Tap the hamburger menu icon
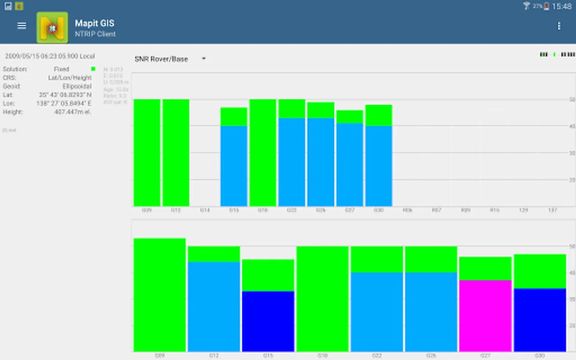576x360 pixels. [x=22, y=26]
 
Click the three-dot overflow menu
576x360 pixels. [x=559, y=26]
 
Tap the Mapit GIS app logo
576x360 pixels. [x=52, y=28]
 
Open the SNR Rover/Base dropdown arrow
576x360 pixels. [x=204, y=59]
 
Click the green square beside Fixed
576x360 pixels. [x=93, y=69]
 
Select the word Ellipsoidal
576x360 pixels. [x=77, y=86]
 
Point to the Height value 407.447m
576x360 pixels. [x=72, y=112]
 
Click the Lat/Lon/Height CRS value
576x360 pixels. [x=70, y=78]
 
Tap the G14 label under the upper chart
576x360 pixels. [x=205, y=210]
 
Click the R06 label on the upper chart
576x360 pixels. [x=407, y=210]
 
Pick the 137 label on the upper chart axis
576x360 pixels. [x=552, y=210]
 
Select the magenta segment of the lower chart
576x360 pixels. [x=485, y=316]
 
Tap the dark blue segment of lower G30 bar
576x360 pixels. [x=540, y=320]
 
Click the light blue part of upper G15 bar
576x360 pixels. [x=234, y=166]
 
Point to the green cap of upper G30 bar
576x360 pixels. [x=378, y=115]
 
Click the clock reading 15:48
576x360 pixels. [x=562, y=6]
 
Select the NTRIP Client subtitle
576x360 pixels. [x=95, y=34]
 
